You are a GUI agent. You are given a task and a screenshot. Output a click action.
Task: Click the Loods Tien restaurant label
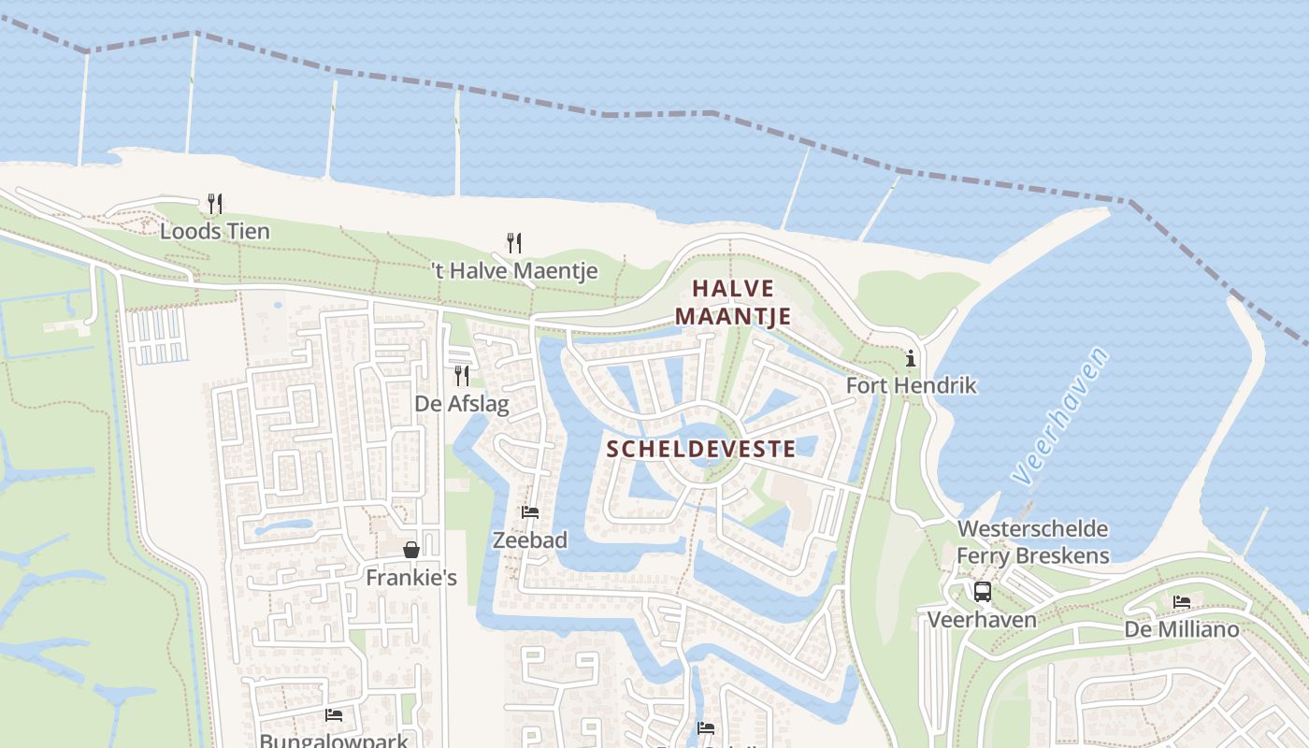click(x=214, y=231)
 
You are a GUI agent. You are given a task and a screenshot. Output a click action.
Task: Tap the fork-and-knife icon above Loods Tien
click(x=214, y=203)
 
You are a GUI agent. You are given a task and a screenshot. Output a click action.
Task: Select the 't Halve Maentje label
click(x=514, y=271)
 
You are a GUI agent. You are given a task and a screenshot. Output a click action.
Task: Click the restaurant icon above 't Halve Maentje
click(x=513, y=243)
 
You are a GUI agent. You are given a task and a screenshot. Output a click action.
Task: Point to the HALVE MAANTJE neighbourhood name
click(x=733, y=302)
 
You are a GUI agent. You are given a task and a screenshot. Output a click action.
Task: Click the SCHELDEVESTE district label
click(x=701, y=449)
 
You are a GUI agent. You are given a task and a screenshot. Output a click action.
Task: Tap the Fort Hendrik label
click(x=911, y=385)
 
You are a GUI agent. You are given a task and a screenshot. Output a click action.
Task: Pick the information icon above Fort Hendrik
click(x=910, y=358)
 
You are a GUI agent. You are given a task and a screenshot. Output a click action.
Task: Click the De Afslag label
click(x=462, y=404)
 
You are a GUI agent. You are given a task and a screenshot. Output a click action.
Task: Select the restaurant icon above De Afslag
click(x=461, y=376)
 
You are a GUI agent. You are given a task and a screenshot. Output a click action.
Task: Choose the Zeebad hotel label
click(x=530, y=540)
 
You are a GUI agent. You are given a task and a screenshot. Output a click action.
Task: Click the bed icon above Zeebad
click(x=530, y=512)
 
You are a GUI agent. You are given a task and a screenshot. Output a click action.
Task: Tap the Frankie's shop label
click(x=411, y=578)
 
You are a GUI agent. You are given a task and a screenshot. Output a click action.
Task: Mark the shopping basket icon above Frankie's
click(x=410, y=550)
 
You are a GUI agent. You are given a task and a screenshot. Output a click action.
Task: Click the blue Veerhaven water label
click(x=1062, y=416)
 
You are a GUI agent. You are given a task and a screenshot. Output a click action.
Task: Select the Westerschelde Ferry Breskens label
click(x=1032, y=542)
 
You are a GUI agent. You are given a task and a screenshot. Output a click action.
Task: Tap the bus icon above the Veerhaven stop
click(x=982, y=592)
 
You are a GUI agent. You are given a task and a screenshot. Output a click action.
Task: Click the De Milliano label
click(x=1182, y=629)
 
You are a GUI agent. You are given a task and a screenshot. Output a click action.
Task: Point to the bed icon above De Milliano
click(x=1182, y=602)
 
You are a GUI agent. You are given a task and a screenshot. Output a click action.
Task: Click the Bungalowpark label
click(x=334, y=741)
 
